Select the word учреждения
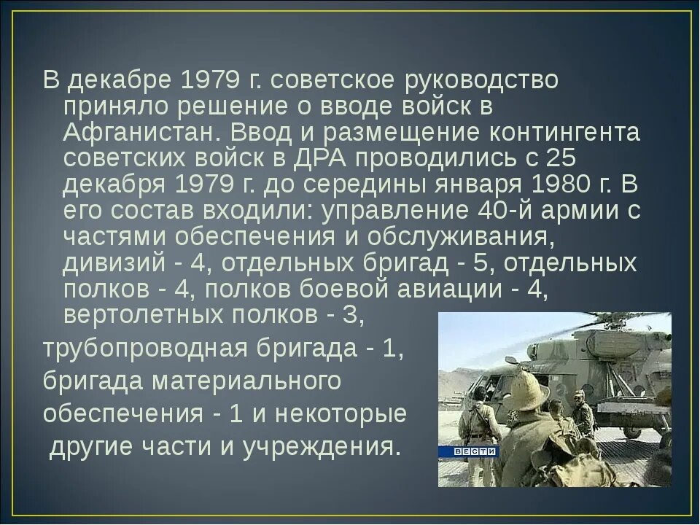(325, 446)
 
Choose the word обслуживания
(456, 237)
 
